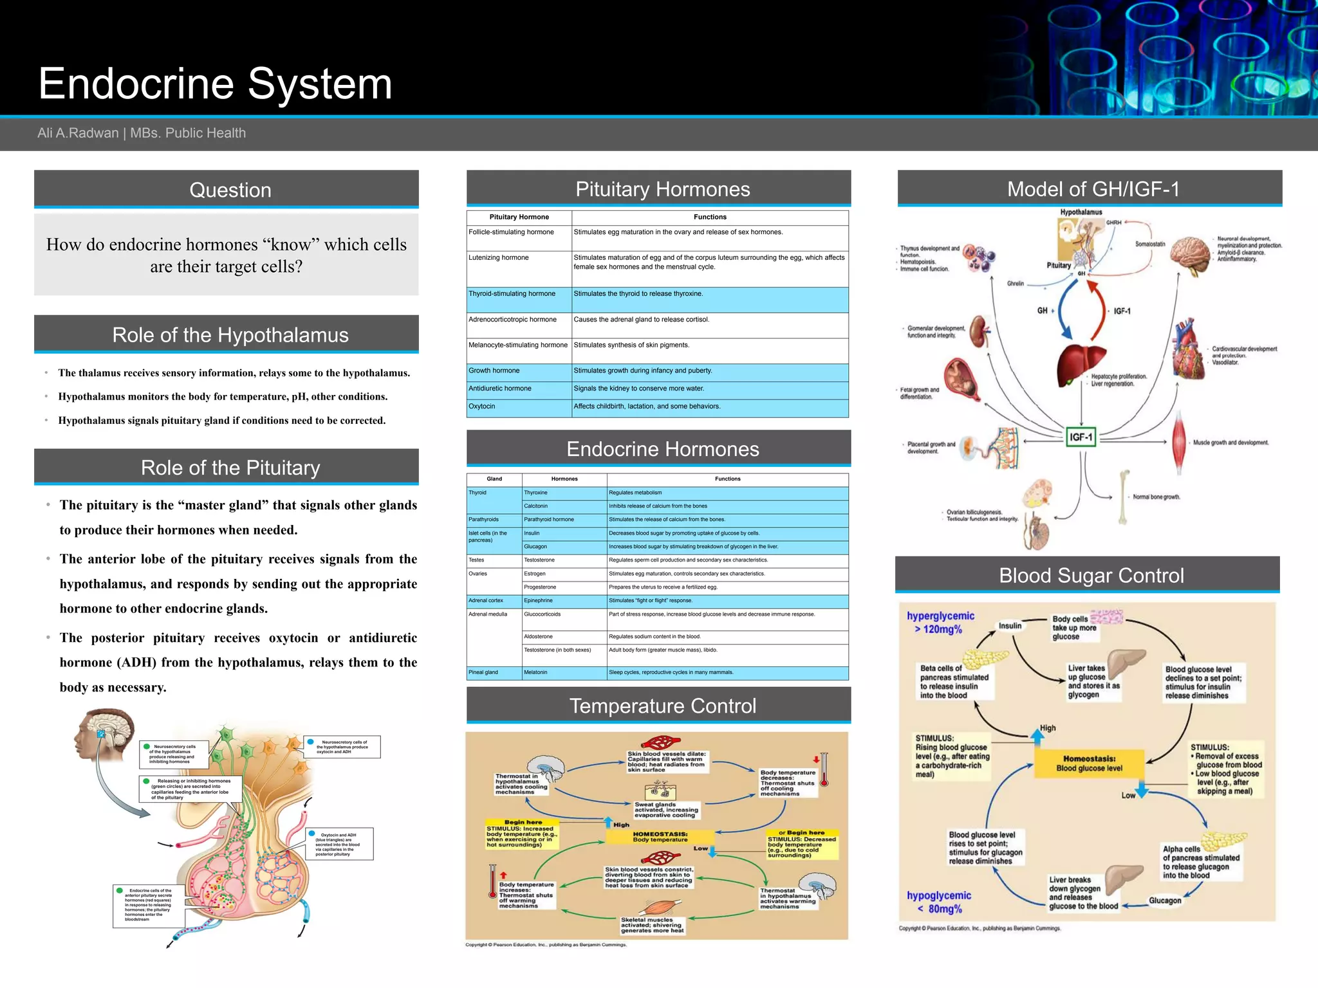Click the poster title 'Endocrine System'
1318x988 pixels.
(215, 84)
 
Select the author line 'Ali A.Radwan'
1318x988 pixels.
(78, 133)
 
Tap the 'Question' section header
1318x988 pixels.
(230, 190)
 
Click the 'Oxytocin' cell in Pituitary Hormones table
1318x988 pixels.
(482, 407)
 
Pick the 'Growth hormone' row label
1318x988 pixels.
(494, 370)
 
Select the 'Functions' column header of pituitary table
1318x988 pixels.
(709, 217)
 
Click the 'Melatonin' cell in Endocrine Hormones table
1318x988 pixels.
(535, 672)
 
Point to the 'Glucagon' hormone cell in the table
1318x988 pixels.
(535, 547)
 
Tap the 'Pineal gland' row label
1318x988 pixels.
(483, 672)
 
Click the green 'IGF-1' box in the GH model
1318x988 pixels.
(1081, 437)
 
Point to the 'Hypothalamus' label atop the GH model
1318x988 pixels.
(1081, 212)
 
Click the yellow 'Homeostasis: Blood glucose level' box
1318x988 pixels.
(1089, 764)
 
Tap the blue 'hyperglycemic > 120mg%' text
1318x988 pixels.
(940, 622)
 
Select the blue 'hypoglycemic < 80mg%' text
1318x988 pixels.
(939, 902)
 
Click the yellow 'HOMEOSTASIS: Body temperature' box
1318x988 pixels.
(660, 836)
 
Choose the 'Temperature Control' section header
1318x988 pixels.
(662, 706)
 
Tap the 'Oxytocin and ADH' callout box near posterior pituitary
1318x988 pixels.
(339, 845)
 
